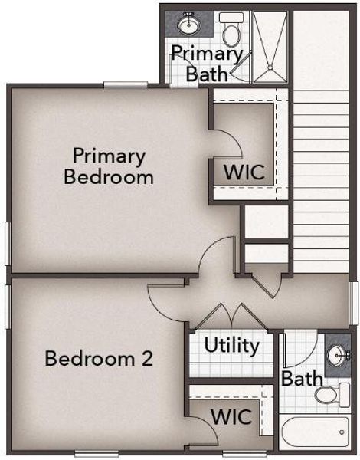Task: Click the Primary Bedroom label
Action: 109,166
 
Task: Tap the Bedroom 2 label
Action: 99,358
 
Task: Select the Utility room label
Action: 231,345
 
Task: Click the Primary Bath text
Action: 207,64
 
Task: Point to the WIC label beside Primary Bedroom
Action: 244,171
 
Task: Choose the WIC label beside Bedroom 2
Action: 231,418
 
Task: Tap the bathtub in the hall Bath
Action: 315,435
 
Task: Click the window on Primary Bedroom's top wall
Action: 126,84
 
